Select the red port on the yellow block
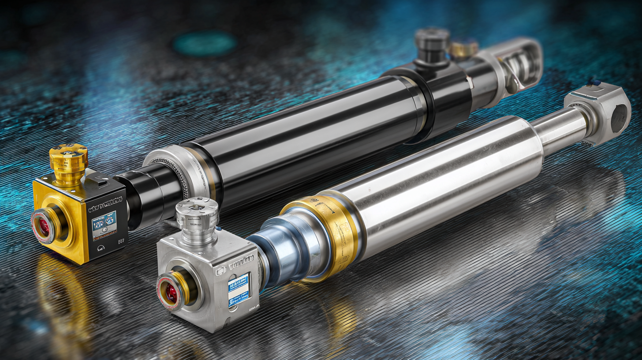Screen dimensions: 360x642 coord(44,225)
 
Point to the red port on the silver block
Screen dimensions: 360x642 coord(171,292)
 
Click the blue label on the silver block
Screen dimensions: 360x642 coord(239,287)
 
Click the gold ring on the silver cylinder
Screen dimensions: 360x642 coord(324,234)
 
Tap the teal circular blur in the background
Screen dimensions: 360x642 coord(204,43)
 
